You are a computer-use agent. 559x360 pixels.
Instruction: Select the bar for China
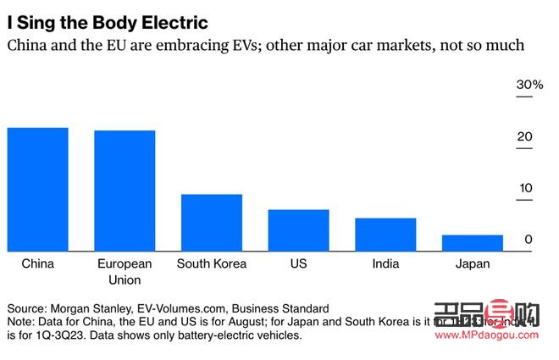point(37,189)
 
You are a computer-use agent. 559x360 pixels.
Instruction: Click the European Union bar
point(125,191)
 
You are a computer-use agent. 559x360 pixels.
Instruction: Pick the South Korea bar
point(212,222)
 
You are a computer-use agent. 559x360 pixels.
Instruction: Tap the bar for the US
point(298,230)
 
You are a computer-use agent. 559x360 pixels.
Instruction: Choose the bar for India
point(385,234)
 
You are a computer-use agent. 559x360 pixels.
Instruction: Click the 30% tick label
point(519,86)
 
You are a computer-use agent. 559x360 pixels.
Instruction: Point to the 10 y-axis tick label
point(525,188)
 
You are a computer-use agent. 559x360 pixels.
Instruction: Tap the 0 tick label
point(528,240)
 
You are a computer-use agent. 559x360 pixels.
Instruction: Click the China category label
point(37,263)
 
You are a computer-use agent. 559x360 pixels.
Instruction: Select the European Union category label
point(125,271)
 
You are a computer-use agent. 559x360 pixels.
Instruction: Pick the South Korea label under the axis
point(212,263)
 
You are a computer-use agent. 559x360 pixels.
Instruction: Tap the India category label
point(385,263)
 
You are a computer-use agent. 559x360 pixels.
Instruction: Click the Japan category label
point(472,263)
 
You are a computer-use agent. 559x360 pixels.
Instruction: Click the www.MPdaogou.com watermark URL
point(485,335)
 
